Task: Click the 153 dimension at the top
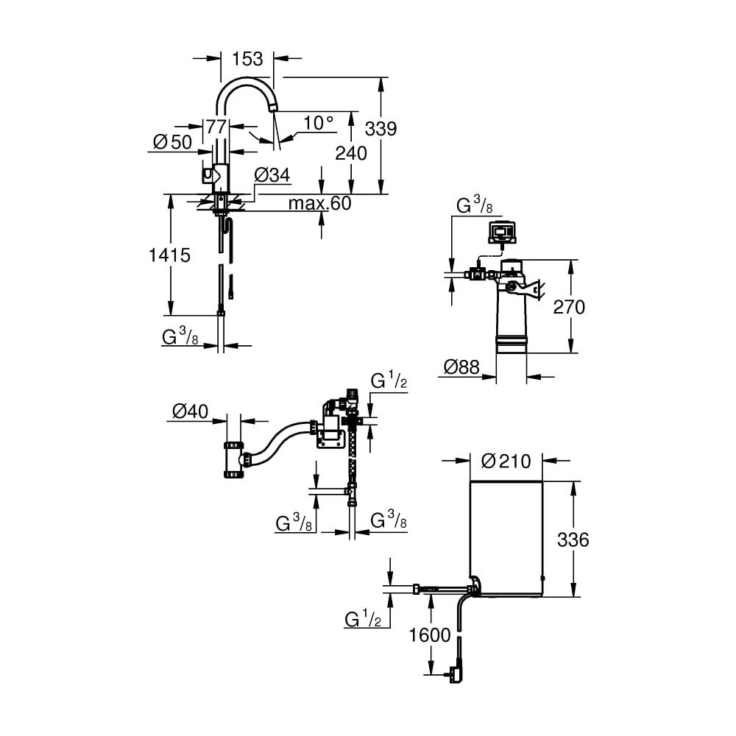tap(247, 59)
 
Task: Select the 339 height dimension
tap(381, 128)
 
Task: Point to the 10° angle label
tap(318, 123)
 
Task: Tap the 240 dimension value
tap(350, 153)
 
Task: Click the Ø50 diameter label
tap(173, 142)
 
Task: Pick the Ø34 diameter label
tap(272, 175)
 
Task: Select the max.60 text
tap(319, 203)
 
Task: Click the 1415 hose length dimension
tap(169, 255)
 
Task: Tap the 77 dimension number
tap(216, 127)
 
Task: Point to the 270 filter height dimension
tap(569, 307)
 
